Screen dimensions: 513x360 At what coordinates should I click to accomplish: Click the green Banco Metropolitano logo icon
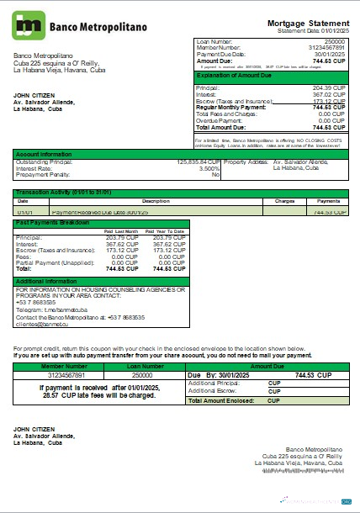coord(29,25)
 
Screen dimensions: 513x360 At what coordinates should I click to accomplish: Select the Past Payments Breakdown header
coord(52,222)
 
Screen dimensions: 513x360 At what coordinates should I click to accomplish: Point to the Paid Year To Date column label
coord(167,231)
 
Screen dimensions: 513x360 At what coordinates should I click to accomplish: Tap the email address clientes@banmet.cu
coord(43,322)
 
